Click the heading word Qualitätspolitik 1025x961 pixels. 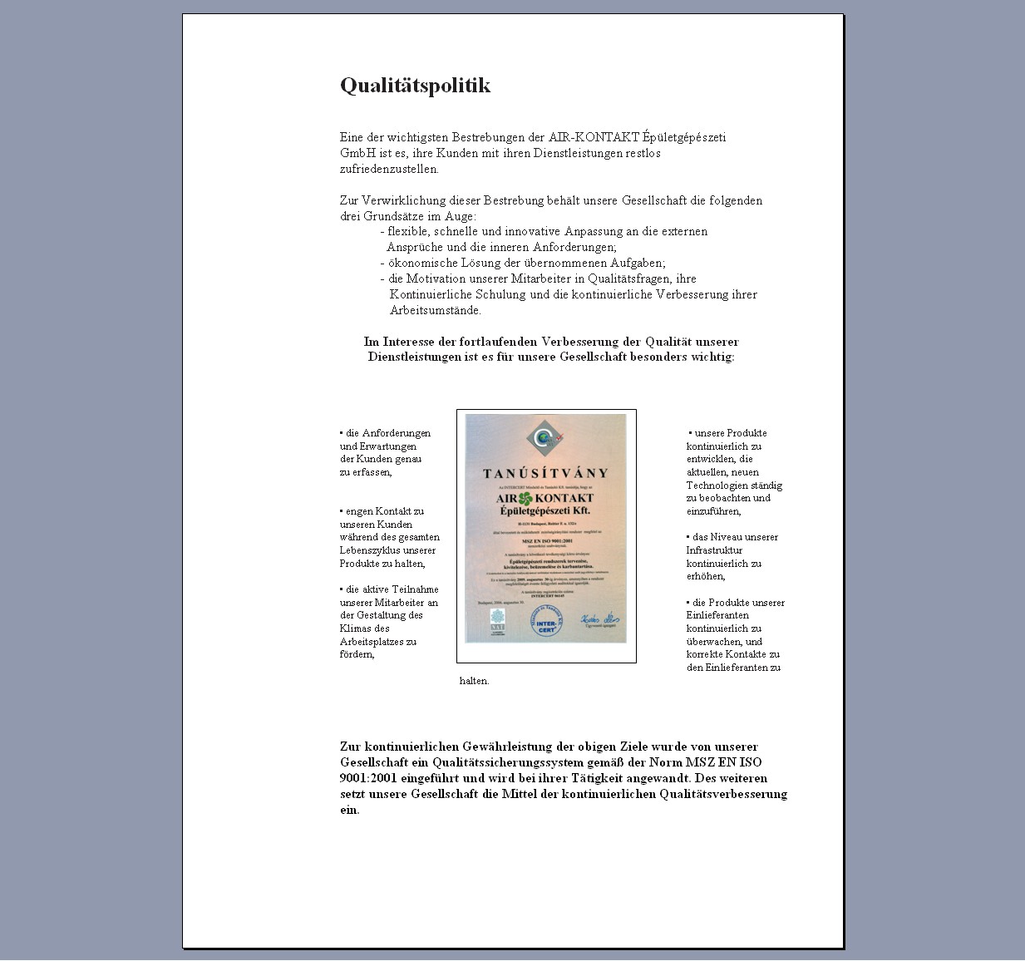pos(415,86)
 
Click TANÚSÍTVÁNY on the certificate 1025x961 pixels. pos(545,473)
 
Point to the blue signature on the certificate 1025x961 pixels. pos(599,619)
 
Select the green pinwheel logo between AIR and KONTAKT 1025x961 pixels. pos(525,499)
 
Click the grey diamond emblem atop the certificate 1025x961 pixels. pos(545,438)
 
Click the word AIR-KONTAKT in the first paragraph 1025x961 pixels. pos(594,137)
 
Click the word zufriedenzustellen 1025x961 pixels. pos(388,169)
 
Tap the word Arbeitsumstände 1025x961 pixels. pos(435,310)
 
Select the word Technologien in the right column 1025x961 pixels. pos(717,485)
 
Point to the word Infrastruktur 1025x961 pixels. pos(714,550)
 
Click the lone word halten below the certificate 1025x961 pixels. pos(474,681)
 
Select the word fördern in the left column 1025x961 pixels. pos(357,654)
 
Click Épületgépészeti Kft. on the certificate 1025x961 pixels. pos(545,510)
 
